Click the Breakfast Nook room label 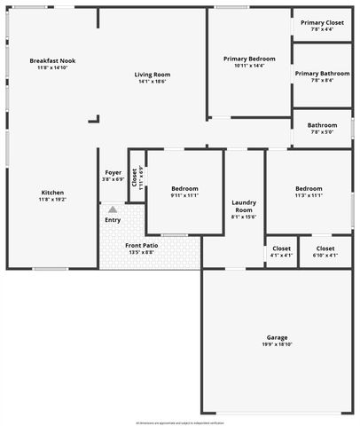(52, 60)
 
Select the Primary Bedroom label (249, 59)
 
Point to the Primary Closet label (322, 22)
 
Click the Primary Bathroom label (322, 74)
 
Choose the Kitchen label (52, 193)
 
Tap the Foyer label (113, 172)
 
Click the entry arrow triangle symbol (113, 209)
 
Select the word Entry (113, 219)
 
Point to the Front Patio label (141, 245)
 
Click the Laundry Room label (244, 206)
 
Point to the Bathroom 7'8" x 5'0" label (322, 125)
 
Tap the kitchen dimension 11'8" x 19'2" (52, 200)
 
